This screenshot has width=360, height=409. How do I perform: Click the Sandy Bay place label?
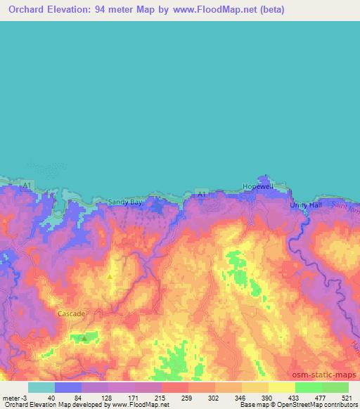click(x=124, y=202)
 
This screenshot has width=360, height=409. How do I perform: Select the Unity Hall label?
click(x=304, y=205)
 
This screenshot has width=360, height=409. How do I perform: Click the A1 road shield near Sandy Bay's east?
click(x=202, y=194)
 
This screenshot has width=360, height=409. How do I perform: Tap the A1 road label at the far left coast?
click(x=25, y=185)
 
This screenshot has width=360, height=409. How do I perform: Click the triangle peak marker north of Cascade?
click(x=110, y=276)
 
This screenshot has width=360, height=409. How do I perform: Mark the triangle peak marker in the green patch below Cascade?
click(x=84, y=337)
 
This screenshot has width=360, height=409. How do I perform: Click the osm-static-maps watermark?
click(x=325, y=375)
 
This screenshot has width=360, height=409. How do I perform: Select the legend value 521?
click(x=347, y=397)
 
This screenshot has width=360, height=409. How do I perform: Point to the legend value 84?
click(x=67, y=397)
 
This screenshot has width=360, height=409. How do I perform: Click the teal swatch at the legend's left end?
click(x=41, y=387)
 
